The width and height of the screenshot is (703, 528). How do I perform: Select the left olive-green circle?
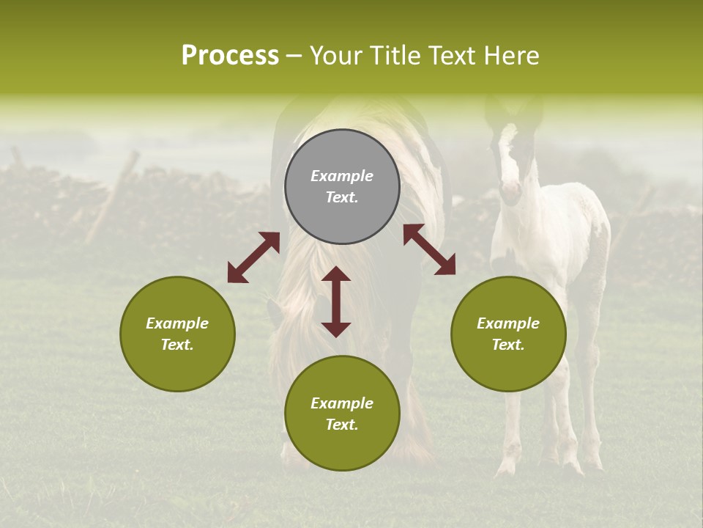point(177,334)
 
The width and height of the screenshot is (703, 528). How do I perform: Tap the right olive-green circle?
point(508,334)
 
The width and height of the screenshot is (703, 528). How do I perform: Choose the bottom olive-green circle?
point(342,414)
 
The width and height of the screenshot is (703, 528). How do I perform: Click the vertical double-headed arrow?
point(336,301)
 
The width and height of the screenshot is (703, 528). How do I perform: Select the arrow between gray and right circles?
point(429,250)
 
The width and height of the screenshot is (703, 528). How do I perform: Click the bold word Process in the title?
point(230,56)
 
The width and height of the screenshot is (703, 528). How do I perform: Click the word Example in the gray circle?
point(342,176)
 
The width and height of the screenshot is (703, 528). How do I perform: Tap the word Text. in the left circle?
point(177,345)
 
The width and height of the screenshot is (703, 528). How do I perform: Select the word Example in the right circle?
point(508,323)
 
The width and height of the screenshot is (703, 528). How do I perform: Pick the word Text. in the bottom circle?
point(342,425)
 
